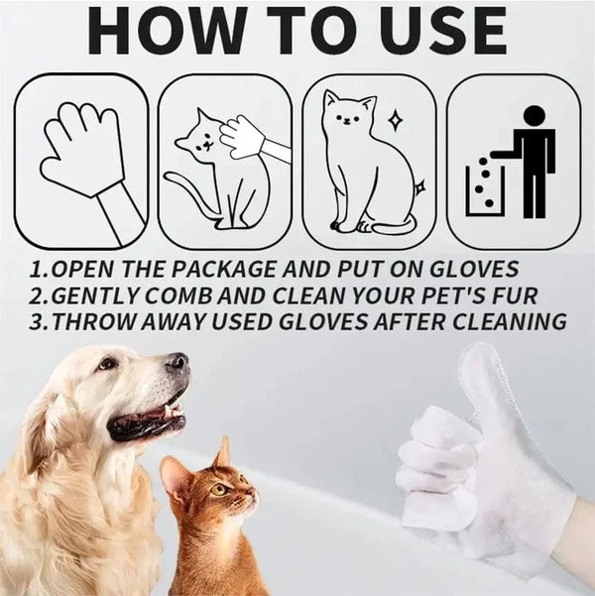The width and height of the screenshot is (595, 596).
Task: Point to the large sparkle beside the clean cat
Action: (396, 120)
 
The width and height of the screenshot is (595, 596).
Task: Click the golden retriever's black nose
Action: (178, 363)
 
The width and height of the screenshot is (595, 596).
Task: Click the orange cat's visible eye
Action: (219, 489)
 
